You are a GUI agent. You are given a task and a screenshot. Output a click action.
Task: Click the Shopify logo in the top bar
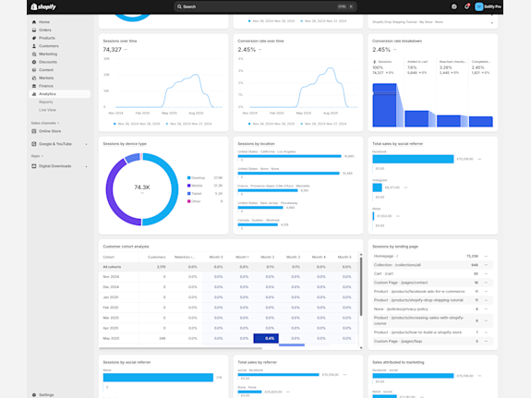pyautogui.click(x=43, y=6)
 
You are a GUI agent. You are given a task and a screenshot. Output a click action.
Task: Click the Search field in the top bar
pyautogui.click(x=264, y=6)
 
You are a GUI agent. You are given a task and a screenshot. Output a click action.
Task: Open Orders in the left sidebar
pyautogui.click(x=45, y=30)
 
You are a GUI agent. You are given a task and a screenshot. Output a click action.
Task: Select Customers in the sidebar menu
pyautogui.click(x=48, y=45)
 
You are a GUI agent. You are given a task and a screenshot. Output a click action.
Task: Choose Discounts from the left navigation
pyautogui.click(x=48, y=62)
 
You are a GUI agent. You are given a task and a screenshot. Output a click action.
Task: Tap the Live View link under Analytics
pyautogui.click(x=47, y=110)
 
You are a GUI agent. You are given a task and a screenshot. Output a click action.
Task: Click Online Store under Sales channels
pyautogui.click(x=50, y=131)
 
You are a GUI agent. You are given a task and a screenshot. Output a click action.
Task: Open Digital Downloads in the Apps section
pyautogui.click(x=54, y=166)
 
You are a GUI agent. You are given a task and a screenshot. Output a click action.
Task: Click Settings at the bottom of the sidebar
pyautogui.click(x=46, y=394)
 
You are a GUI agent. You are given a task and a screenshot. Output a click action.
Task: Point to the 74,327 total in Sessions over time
pyautogui.click(x=113, y=50)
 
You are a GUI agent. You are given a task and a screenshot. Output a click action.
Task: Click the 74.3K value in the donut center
pyautogui.click(x=141, y=187)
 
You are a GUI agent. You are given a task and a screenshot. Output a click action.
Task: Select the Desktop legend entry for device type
pyautogui.click(x=198, y=178)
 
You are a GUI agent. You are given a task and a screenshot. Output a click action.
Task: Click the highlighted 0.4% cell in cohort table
pyautogui.click(x=267, y=338)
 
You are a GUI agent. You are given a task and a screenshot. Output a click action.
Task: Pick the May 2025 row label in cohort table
pyautogui.click(x=111, y=338)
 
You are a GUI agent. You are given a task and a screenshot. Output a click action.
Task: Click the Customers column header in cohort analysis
pyautogui.click(x=157, y=257)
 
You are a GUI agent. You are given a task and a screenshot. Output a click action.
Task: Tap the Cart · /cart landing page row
pyautogui.click(x=383, y=273)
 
